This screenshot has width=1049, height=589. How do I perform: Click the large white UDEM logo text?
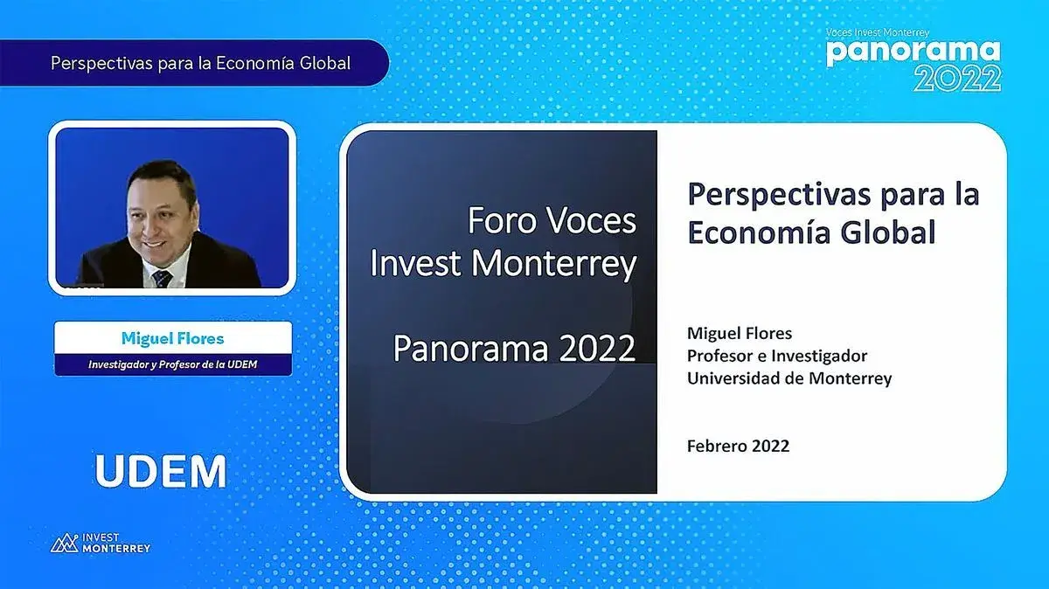(161, 471)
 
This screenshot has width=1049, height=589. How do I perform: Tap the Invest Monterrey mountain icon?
(64, 543)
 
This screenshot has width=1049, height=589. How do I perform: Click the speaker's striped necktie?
(162, 279)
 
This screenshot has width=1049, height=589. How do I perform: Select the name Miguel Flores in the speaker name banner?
(173, 338)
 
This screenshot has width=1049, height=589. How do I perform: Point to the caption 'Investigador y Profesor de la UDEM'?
(173, 364)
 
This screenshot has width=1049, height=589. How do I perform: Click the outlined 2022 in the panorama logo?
(957, 79)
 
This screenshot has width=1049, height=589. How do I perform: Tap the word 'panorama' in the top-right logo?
(914, 53)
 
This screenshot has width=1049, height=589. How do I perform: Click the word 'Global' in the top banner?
(325, 63)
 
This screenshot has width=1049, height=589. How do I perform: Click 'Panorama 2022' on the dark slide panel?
(514, 349)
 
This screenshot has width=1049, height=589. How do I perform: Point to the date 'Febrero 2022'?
(738, 446)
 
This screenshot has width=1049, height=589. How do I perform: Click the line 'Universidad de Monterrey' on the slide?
(789, 378)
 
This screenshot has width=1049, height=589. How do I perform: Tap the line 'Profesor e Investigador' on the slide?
(777, 356)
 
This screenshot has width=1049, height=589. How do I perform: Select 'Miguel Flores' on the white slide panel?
(740, 333)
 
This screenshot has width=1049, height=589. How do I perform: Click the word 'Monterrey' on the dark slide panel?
(553, 263)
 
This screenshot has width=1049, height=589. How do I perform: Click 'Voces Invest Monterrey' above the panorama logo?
(878, 33)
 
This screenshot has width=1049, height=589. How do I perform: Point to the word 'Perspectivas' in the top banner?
(101, 63)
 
